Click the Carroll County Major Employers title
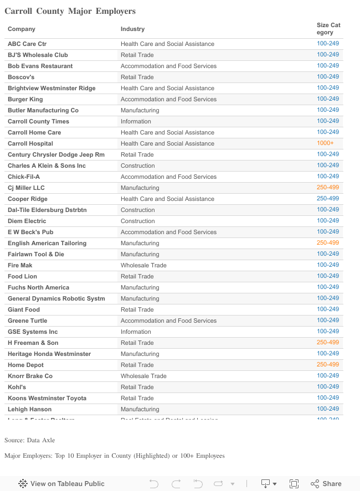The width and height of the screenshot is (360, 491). point(70,11)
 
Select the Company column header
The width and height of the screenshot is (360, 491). point(22,29)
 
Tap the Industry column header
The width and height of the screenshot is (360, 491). point(132,29)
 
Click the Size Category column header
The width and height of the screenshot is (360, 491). point(328,29)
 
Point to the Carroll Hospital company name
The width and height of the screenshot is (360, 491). point(30,143)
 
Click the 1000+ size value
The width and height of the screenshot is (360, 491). point(325,143)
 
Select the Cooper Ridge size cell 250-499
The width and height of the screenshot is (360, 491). point(328,198)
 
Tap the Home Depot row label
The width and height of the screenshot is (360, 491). point(25,365)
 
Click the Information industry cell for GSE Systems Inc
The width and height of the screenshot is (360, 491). point(136,332)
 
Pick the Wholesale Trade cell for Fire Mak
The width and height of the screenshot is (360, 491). point(143,265)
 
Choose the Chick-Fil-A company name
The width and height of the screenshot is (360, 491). point(24,177)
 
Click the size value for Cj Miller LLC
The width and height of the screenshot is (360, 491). point(328,187)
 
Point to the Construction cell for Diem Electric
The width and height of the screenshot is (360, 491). point(138,221)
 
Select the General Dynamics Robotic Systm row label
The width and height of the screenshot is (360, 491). point(56,298)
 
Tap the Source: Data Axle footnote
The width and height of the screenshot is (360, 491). point(30,440)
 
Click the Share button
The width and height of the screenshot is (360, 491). point(326,483)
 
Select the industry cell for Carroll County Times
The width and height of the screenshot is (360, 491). point(136,121)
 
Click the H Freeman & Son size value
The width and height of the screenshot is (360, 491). point(328,342)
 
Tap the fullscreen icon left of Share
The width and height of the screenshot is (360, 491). point(294,483)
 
